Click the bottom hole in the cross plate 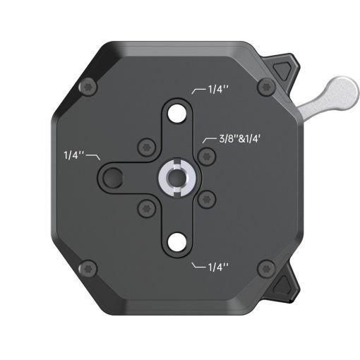click(176, 242)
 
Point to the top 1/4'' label click(219, 90)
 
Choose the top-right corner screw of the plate click(265, 88)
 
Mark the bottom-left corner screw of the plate click(88, 268)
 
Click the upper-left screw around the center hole click(146, 146)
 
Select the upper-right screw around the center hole click(205, 154)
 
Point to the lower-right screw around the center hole click(205, 198)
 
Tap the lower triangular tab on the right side click(286, 285)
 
